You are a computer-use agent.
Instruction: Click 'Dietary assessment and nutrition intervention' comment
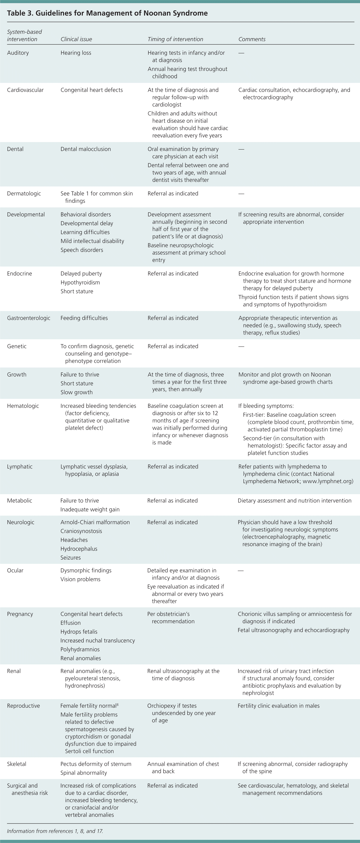point(295,501)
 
